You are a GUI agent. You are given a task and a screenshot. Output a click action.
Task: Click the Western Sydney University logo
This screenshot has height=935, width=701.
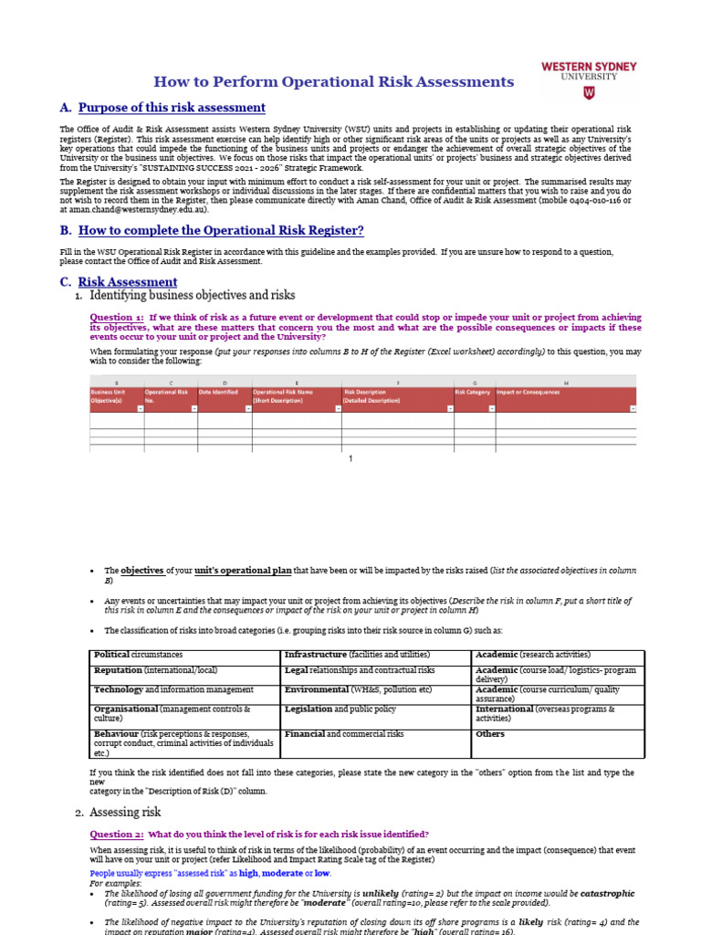589,79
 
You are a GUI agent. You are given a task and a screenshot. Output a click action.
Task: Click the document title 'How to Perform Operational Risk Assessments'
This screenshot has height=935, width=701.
333,82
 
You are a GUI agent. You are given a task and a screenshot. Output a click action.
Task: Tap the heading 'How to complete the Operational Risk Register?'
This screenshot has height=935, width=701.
221,230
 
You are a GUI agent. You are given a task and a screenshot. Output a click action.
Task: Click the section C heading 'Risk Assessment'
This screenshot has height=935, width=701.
128,282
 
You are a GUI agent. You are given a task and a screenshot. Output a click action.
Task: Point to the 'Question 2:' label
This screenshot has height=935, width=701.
116,834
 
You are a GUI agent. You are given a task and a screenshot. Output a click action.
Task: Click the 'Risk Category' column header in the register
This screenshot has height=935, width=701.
473,392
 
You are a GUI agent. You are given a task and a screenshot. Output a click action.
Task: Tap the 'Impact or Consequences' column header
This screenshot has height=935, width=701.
528,392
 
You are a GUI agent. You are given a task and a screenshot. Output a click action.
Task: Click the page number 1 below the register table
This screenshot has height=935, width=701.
350,458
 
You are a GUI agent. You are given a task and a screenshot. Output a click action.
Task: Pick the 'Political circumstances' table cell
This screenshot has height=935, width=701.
139,655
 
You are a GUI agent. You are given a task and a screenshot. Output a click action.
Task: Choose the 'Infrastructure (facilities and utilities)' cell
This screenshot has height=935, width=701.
357,655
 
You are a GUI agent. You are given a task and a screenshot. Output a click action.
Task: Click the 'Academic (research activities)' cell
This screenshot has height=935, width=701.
533,655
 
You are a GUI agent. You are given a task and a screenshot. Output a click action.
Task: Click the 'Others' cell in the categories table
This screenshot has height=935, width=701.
490,734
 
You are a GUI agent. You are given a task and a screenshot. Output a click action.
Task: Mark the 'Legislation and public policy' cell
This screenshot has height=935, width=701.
340,709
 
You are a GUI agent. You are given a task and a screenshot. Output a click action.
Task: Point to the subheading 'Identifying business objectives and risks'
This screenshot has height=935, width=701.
193,295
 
